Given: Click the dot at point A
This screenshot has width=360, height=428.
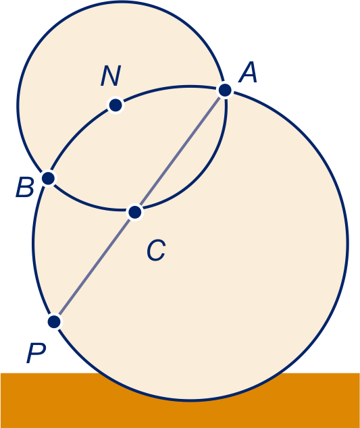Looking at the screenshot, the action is (225, 90).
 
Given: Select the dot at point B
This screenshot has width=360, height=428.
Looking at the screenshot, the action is (49, 178).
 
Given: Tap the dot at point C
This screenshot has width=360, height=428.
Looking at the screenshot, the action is (135, 212).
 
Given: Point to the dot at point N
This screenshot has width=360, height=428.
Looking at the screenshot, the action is (115, 105).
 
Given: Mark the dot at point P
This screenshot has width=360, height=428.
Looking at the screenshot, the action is (54, 321).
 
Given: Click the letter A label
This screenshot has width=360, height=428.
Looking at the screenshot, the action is (248, 72).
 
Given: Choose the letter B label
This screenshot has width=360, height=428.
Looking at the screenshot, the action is (25, 187).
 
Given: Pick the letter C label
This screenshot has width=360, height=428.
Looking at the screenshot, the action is (156, 250).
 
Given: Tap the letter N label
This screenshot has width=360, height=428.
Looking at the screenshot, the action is (110, 76).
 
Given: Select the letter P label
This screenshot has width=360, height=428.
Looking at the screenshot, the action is (36, 353).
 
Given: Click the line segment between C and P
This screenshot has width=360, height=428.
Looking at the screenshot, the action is (95, 267).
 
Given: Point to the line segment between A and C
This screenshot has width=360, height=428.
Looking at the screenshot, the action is (180, 151).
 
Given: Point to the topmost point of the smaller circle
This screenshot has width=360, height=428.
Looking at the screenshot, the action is (122, 1).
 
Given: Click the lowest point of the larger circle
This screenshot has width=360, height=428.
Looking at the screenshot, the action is (190, 401).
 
